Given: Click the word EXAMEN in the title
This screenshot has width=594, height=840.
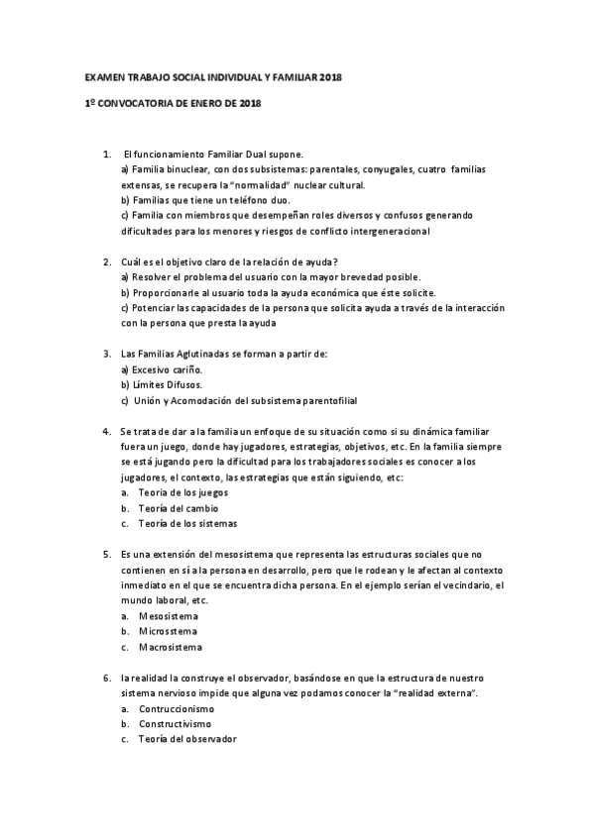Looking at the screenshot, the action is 101,77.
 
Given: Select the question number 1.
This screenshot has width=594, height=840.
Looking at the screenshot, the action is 106,155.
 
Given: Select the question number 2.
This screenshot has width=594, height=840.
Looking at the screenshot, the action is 106,262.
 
